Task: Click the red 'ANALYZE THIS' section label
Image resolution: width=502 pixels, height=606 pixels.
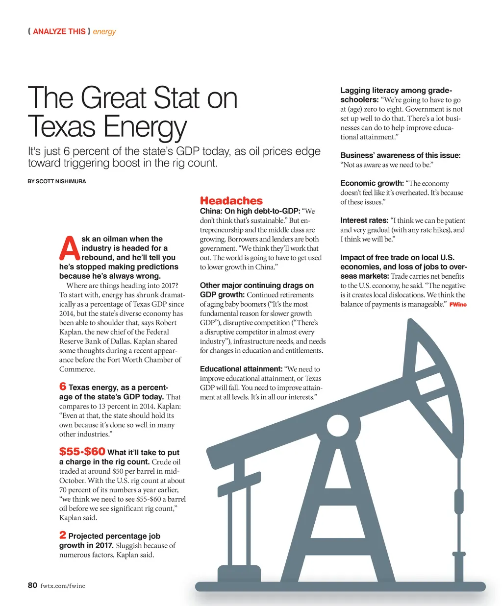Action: click(59, 31)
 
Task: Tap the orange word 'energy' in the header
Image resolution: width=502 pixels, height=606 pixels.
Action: click(104, 32)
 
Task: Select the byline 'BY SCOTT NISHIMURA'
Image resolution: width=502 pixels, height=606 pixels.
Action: click(57, 181)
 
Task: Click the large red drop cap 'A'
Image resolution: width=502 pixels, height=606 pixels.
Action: click(69, 249)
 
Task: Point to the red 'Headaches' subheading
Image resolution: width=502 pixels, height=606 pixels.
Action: click(231, 201)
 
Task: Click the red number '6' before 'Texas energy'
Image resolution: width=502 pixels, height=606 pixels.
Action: click(63, 387)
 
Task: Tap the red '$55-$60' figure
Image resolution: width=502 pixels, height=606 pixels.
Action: click(82, 451)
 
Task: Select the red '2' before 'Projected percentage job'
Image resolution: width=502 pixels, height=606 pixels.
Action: click(63, 535)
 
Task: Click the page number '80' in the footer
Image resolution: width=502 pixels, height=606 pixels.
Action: click(32, 585)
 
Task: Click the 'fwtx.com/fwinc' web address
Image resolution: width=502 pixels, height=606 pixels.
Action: click(63, 585)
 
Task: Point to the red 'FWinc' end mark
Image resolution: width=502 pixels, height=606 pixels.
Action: click(458, 305)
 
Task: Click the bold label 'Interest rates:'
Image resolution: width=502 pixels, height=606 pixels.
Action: click(364, 220)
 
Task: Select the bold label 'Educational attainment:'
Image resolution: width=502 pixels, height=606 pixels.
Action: click(241, 369)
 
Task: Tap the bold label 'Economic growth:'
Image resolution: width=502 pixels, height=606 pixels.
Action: click(372, 183)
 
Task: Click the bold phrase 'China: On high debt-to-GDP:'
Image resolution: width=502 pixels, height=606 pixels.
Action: click(250, 211)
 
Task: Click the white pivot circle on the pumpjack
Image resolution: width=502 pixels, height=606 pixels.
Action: click(337, 424)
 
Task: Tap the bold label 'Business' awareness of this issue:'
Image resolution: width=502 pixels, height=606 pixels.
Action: click(401, 155)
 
